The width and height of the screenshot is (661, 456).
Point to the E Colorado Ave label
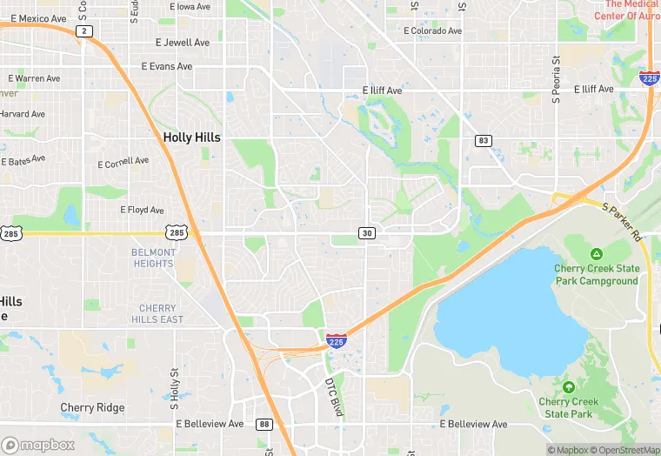tap(433, 30)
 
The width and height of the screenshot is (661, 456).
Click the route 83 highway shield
tap(483, 140)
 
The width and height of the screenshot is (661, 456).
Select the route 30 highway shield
tap(367, 232)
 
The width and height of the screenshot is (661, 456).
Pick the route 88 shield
tap(264, 425)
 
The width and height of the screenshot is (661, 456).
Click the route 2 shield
tap(83, 31)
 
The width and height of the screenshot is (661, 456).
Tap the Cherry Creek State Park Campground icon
tap(597, 254)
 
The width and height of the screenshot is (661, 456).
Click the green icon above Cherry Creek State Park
tap(569, 386)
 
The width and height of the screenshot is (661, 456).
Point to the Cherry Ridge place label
tap(92, 407)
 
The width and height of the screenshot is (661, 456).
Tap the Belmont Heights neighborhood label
tap(153, 258)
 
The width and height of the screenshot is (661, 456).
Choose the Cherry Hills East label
tap(157, 313)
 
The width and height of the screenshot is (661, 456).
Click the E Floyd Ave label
tap(142, 210)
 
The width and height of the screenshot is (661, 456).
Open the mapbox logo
tap(38, 445)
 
